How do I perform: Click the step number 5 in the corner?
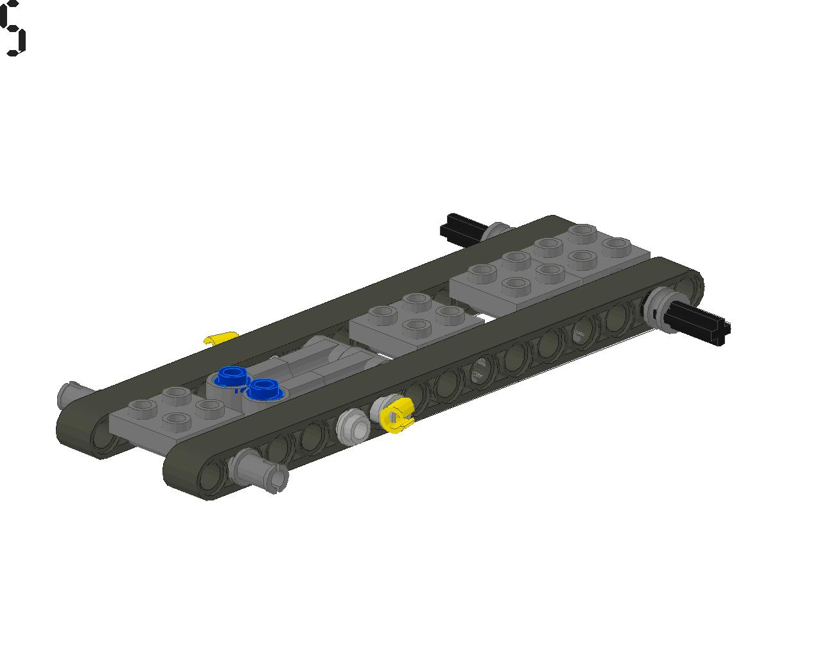pos(13,28)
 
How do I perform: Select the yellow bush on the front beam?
pos(398,415)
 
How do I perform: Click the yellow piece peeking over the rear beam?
pos(221,338)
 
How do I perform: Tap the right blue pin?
pos(265,389)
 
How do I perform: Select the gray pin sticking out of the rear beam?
pos(73,395)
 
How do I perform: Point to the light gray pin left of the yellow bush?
pos(353,427)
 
